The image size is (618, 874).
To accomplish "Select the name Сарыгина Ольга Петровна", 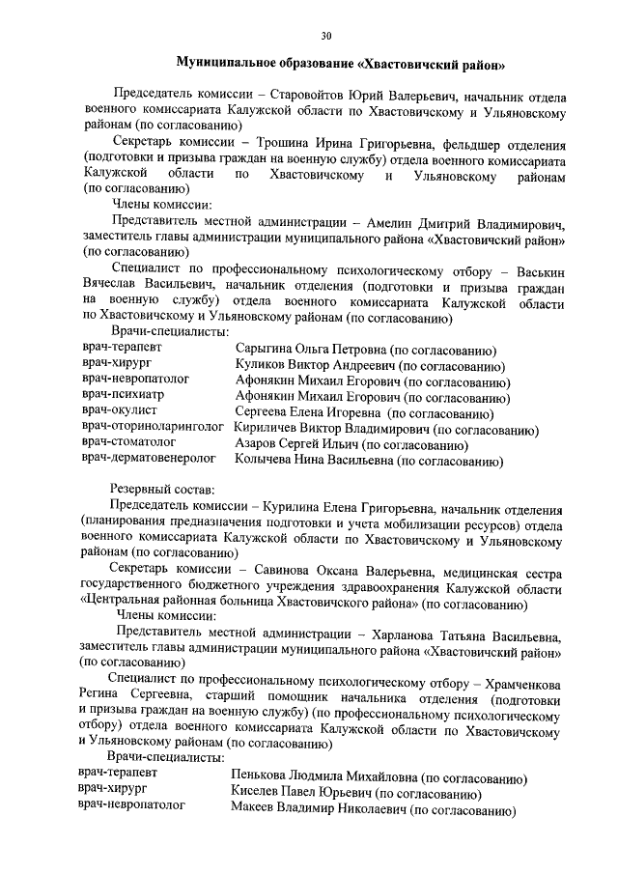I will click(309, 350).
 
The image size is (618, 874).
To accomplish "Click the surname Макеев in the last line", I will click(257, 808).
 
